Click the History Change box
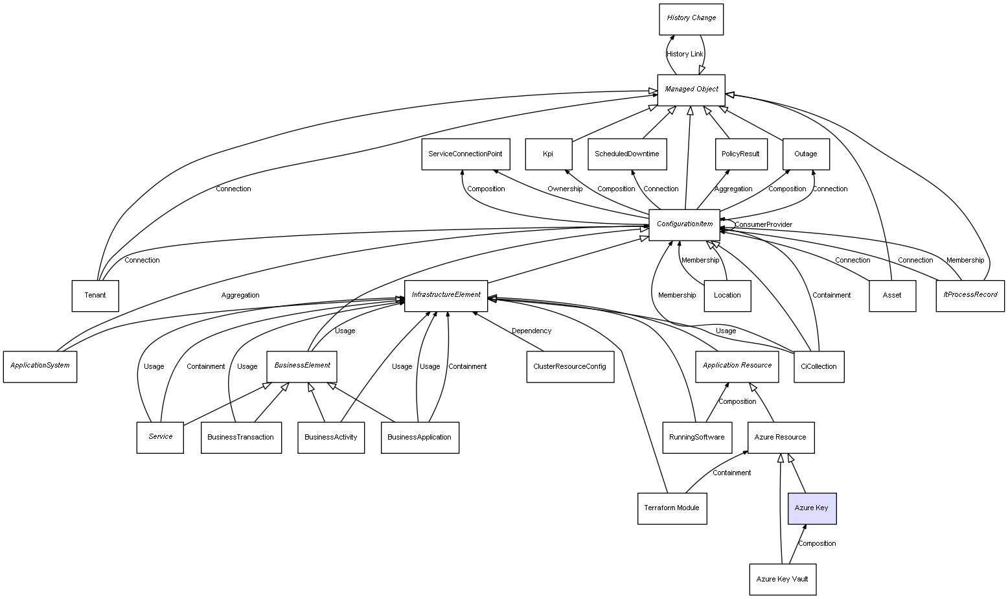coord(691,19)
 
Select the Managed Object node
coord(691,89)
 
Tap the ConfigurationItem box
coord(684,224)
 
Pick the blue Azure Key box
coord(812,508)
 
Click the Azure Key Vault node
coord(782,579)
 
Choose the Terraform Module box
coord(672,508)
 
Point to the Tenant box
coord(95,296)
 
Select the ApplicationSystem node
coord(40,366)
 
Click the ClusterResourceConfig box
coord(569,366)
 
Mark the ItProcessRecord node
coord(970,296)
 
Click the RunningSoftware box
coord(696,438)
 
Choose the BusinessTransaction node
coord(241,438)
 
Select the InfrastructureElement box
coord(446,296)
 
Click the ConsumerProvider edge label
coord(763,224)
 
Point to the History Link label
coord(685,54)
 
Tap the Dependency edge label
coord(531,331)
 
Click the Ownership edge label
coord(564,189)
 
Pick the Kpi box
coord(548,154)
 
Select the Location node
coord(727,296)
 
